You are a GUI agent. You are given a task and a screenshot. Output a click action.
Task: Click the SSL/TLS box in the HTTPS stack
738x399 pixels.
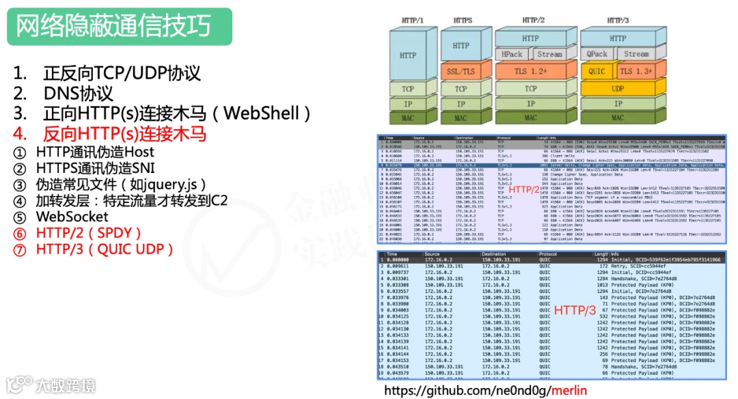point(461,71)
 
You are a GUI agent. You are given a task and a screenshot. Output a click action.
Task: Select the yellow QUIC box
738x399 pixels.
point(597,71)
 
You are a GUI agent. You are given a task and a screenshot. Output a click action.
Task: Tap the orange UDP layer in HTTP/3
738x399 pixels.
point(618,88)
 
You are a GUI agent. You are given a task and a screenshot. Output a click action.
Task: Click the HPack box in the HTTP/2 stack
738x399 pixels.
point(512,54)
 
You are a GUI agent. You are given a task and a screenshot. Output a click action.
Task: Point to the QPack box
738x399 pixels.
point(597,54)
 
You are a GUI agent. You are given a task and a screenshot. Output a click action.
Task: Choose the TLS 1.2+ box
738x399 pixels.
point(530,71)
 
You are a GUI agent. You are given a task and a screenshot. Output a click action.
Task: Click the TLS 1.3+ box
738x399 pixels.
point(635,71)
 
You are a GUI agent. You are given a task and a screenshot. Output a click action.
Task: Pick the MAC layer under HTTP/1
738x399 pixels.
point(407,118)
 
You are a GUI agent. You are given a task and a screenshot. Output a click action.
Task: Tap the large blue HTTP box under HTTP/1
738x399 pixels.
point(407,55)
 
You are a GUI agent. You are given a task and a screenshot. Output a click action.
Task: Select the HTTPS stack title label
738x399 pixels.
point(463,20)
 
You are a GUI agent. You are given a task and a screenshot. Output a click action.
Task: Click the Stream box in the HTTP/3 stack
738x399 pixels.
point(636,54)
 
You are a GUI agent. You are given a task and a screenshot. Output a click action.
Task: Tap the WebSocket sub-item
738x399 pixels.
point(72,217)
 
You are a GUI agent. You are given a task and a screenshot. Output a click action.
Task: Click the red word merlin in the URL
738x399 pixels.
point(569,390)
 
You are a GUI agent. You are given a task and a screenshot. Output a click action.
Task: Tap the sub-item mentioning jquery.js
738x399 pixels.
point(120,184)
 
